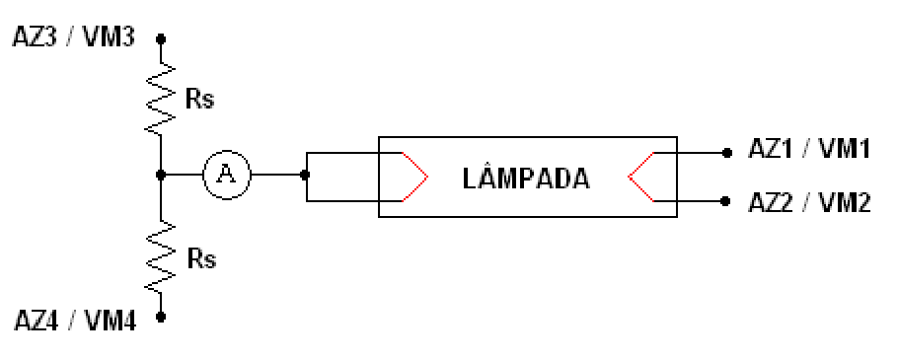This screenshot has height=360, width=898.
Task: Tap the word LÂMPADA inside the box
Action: pos(526,180)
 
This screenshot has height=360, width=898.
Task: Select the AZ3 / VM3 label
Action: pos(74,37)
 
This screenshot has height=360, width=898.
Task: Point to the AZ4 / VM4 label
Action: pos(75,322)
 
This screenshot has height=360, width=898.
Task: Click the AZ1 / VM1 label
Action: pos(809,149)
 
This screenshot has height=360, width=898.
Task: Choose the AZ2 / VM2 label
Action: pos(809,203)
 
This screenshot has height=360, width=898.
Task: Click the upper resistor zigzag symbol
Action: pos(161,99)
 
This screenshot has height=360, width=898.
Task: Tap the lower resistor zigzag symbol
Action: pos(161,257)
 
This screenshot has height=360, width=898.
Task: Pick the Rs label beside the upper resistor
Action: pos(199,100)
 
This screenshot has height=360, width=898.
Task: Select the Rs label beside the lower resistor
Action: pos(201,259)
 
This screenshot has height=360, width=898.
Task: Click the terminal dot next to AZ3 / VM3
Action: pos(161,38)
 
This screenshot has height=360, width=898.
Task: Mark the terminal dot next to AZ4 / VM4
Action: pos(161,317)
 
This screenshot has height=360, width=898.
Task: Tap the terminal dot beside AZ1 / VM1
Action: pos(726,153)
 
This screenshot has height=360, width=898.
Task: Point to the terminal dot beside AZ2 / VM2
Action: pos(725,201)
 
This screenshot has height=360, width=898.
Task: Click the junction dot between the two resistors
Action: pos(161,175)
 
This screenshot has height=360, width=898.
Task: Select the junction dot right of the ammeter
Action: pos(305,175)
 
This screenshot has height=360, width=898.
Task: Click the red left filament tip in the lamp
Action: pos(427,177)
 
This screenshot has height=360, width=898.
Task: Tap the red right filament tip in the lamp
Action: pos(629,177)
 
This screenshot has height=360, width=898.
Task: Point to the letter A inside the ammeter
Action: pos(227,175)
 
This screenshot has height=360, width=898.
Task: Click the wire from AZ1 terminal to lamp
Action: pos(690,153)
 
